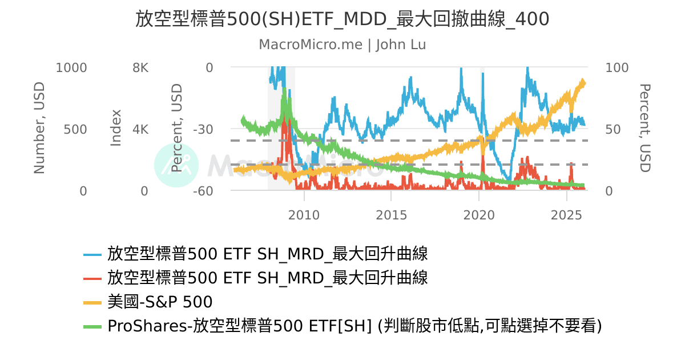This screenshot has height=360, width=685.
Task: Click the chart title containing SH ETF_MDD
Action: (342, 19)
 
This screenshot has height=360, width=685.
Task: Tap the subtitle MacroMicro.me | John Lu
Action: (342, 45)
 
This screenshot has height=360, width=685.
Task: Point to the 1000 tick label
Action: (71, 67)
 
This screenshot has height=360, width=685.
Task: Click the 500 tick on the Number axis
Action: (75, 129)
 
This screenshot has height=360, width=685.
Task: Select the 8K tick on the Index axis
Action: (140, 67)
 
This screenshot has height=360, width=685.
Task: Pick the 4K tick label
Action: (140, 129)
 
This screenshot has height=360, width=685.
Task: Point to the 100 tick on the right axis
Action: (616, 67)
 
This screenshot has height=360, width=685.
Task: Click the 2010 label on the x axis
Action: (304, 215)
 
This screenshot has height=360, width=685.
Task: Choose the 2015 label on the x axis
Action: (391, 215)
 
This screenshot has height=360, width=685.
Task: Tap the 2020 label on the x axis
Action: (478, 215)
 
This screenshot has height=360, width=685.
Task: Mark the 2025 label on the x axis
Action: (566, 215)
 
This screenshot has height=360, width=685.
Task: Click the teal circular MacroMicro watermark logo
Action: (176, 165)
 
